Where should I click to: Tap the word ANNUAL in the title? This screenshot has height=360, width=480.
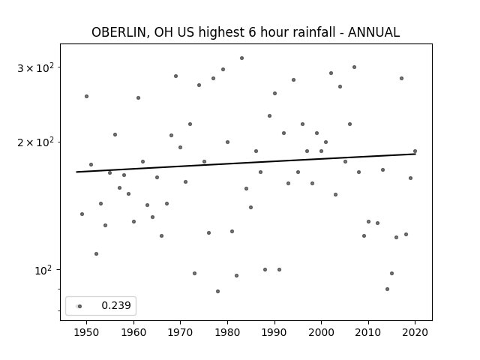[x=373, y=32]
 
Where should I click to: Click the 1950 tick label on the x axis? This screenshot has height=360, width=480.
[x=87, y=332]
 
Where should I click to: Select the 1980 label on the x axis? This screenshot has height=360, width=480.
[x=227, y=332]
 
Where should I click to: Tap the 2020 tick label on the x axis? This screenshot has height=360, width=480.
[x=415, y=332]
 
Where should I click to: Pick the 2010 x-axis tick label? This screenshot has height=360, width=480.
[x=368, y=332]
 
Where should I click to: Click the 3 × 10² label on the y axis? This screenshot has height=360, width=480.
[x=36, y=67]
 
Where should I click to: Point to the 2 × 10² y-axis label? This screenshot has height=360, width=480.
[x=36, y=142]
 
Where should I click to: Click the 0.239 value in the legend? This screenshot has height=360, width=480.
[x=116, y=305]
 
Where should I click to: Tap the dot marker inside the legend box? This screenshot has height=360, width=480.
[x=80, y=306]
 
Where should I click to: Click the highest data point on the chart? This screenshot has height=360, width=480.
[x=241, y=58]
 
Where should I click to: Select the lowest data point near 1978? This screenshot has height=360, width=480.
[x=217, y=292]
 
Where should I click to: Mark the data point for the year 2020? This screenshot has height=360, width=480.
[x=415, y=151]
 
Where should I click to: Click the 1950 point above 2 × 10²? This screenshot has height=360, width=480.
[x=87, y=97]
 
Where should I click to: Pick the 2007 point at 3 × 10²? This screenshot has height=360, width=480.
[x=354, y=67]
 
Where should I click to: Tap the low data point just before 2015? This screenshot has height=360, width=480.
[x=387, y=289]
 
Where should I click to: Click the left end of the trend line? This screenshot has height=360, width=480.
[x=76, y=172]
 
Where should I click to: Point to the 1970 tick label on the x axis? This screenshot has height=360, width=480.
[x=180, y=332]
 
